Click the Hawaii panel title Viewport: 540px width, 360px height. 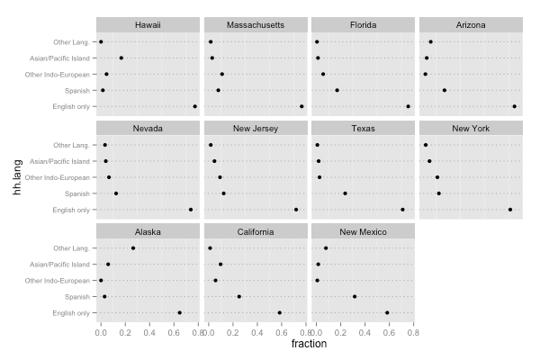[x=148, y=24]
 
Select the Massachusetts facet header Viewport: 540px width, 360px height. [x=256, y=24]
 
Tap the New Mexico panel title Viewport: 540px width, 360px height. [x=363, y=231]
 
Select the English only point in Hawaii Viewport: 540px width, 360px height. [x=194, y=106]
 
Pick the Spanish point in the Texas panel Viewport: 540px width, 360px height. [x=345, y=193]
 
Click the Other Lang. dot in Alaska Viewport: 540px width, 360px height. [x=133, y=248]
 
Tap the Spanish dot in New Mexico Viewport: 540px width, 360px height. [x=355, y=296]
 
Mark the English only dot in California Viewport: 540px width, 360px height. [x=280, y=313]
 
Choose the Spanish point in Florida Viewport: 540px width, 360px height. [x=337, y=90]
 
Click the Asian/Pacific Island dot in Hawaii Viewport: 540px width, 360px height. [x=121, y=58]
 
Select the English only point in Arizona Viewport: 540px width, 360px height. [x=515, y=106]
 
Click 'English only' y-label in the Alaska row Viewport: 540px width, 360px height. [x=71, y=313]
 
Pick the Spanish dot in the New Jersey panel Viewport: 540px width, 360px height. [x=224, y=193]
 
